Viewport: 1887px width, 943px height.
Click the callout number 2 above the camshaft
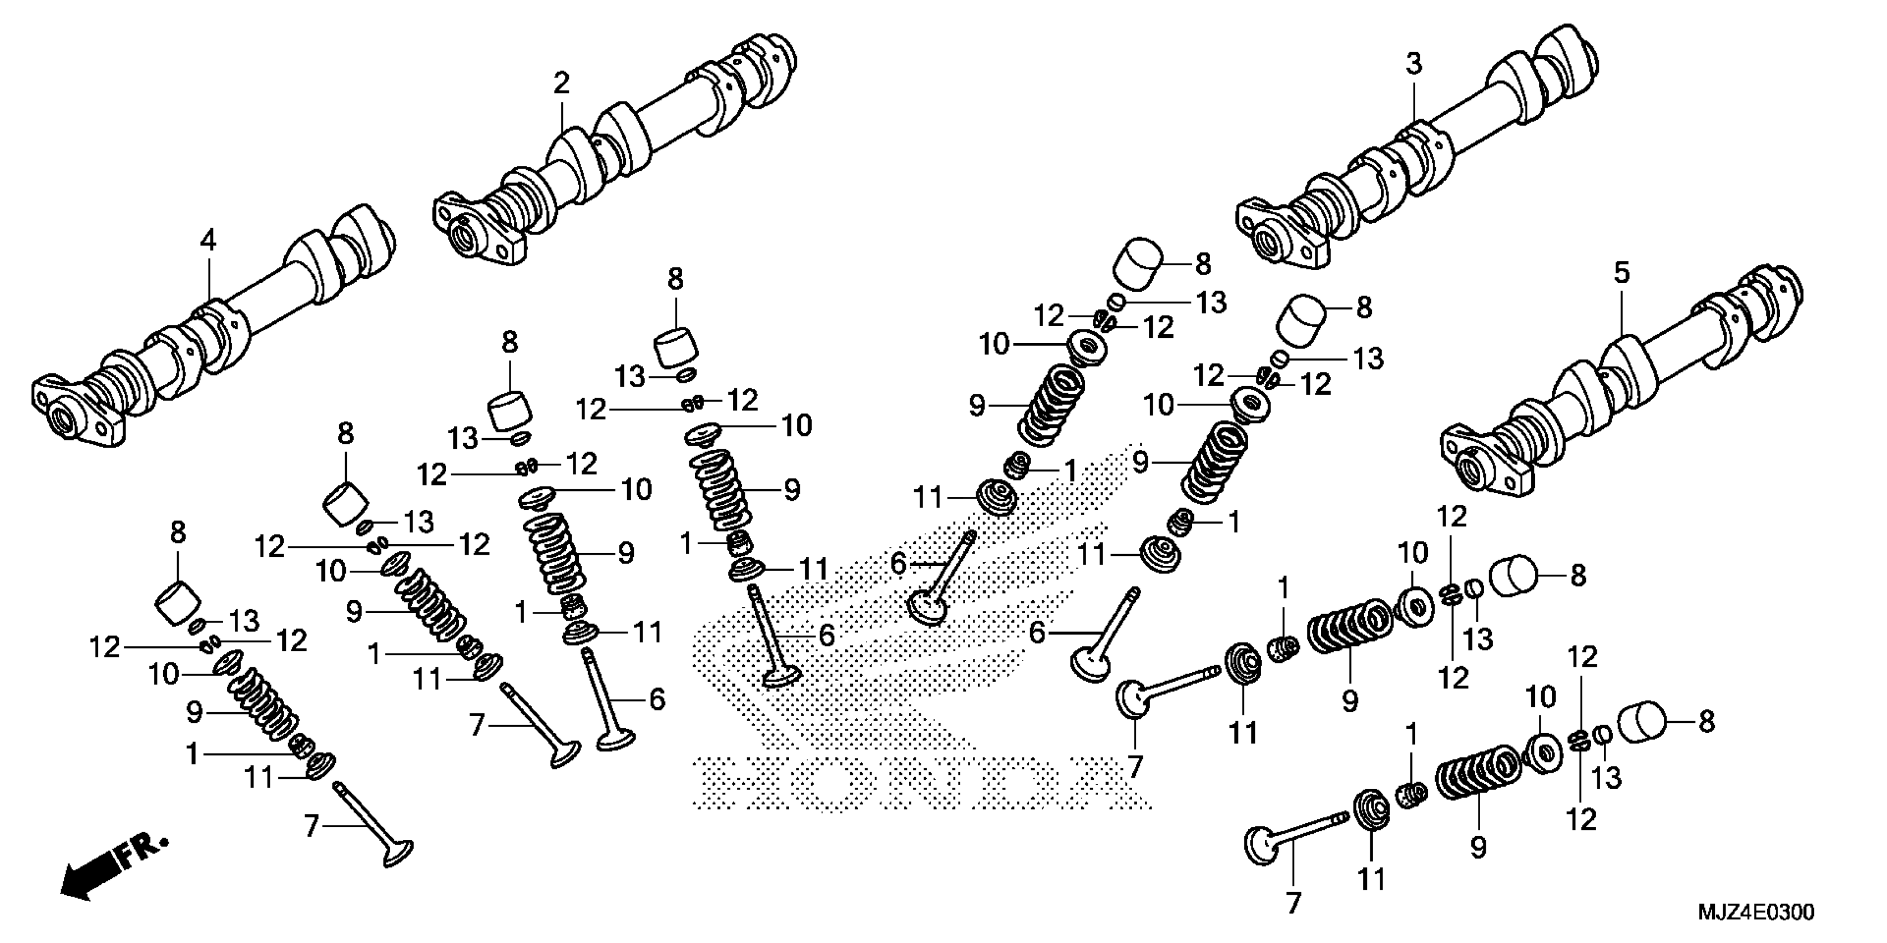(x=561, y=83)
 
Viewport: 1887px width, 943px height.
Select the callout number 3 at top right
(x=1413, y=64)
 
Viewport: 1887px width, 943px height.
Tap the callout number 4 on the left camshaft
(x=209, y=240)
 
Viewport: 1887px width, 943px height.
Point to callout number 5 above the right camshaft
(x=1622, y=273)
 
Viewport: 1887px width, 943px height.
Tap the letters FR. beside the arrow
(x=143, y=852)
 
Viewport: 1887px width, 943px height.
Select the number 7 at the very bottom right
(x=1293, y=903)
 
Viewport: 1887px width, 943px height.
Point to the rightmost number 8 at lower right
(x=1706, y=722)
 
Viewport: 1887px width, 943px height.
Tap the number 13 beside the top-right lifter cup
(x=1211, y=302)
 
